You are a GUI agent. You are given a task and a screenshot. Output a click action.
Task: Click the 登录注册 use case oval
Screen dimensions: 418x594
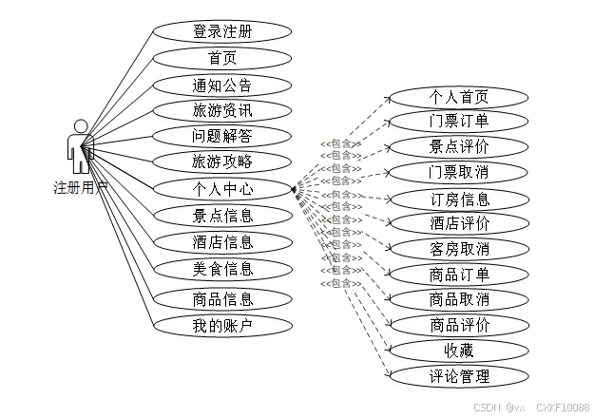222,32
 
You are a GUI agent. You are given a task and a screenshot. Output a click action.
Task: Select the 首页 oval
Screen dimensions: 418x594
222,58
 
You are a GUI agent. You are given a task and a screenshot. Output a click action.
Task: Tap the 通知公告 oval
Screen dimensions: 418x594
222,85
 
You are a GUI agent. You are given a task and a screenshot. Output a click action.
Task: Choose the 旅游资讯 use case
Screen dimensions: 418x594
222,110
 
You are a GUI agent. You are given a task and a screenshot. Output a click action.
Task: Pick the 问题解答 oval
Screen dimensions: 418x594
222,136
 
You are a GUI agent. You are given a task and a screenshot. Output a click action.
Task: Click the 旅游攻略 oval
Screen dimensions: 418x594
222,161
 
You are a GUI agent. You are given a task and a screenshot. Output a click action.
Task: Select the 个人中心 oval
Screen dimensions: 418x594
222,188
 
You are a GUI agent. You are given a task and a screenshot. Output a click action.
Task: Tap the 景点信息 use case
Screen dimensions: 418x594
222,215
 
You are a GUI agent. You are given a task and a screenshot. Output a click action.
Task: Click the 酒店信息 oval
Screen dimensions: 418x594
222,241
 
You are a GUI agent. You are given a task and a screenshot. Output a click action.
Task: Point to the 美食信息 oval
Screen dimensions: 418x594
222,269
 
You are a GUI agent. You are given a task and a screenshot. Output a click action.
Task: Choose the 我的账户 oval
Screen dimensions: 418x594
222,326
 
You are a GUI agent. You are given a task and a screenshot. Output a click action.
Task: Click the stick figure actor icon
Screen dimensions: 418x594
80,147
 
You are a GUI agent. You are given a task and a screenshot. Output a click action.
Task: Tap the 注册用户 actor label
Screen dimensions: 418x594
80,188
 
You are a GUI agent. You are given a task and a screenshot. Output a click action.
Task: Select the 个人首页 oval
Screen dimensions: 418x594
459,97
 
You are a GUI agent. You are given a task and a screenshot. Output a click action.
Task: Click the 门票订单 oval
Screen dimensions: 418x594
459,121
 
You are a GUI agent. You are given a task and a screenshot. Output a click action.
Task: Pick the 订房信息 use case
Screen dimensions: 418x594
459,199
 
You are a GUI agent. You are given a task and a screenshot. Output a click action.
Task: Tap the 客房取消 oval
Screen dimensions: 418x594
459,249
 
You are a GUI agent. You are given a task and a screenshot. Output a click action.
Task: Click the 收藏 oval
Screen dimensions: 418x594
459,350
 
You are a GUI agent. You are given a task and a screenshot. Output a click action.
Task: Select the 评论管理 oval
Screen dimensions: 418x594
459,375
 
